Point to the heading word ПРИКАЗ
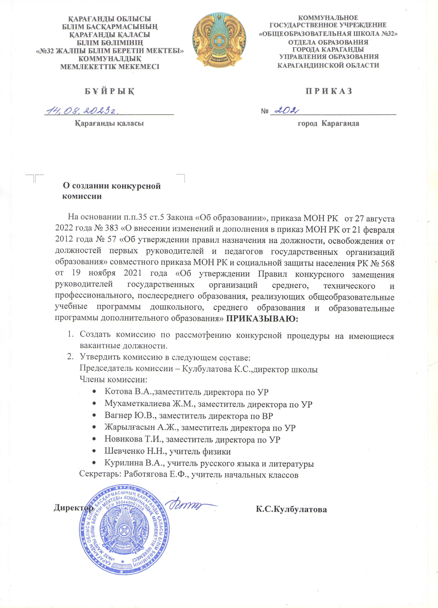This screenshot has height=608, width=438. pos(329,91)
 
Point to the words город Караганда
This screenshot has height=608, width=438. pos(328,124)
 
